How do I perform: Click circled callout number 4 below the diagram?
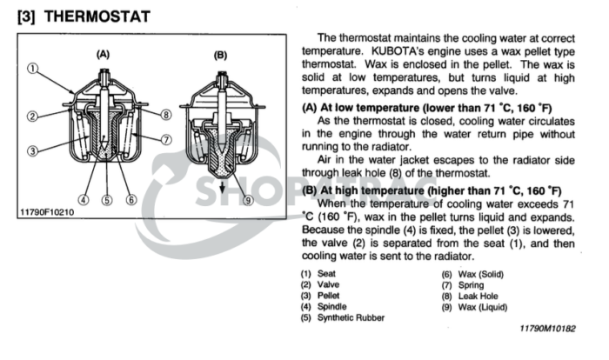click(x=84, y=198)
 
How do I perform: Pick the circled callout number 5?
click(x=107, y=198)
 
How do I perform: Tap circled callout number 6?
click(x=130, y=198)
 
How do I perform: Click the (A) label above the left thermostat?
click(x=102, y=54)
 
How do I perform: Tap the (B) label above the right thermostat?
click(x=220, y=54)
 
